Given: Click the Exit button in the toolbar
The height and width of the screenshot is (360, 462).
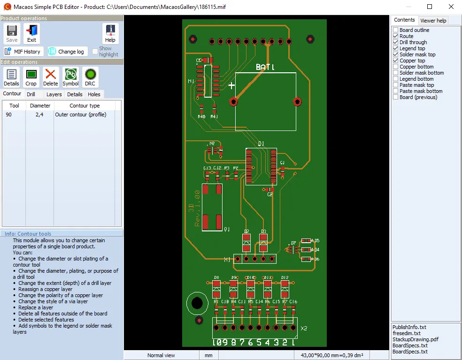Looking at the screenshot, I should [31, 33].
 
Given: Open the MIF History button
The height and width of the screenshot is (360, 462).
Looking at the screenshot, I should [24, 52].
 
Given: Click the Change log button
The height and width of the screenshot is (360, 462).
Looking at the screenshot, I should [67, 52].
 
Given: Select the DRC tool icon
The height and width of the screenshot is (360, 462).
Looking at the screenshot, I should [90, 77].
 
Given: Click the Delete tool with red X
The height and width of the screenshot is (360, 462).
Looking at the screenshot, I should [51, 77].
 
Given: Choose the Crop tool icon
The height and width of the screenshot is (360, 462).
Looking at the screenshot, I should [31, 77].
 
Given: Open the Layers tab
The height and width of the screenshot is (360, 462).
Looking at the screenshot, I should [54, 94].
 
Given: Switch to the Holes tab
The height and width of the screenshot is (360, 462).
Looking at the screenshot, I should [94, 94].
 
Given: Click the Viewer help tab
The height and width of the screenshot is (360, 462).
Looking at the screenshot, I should [433, 21].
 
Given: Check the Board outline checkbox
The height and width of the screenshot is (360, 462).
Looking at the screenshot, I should [396, 30].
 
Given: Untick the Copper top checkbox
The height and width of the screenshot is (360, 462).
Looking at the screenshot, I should [396, 61].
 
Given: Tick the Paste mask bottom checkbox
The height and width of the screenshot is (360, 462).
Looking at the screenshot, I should [396, 91].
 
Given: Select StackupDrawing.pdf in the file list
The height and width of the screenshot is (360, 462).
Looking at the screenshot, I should [416, 339].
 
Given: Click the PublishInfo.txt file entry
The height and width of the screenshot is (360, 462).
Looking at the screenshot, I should [409, 327].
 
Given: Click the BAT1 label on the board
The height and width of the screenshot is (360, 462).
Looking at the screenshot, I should [265, 68].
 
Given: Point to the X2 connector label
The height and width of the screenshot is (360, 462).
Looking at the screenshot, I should [303, 329].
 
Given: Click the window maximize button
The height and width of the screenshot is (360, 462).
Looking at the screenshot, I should [430, 7].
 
